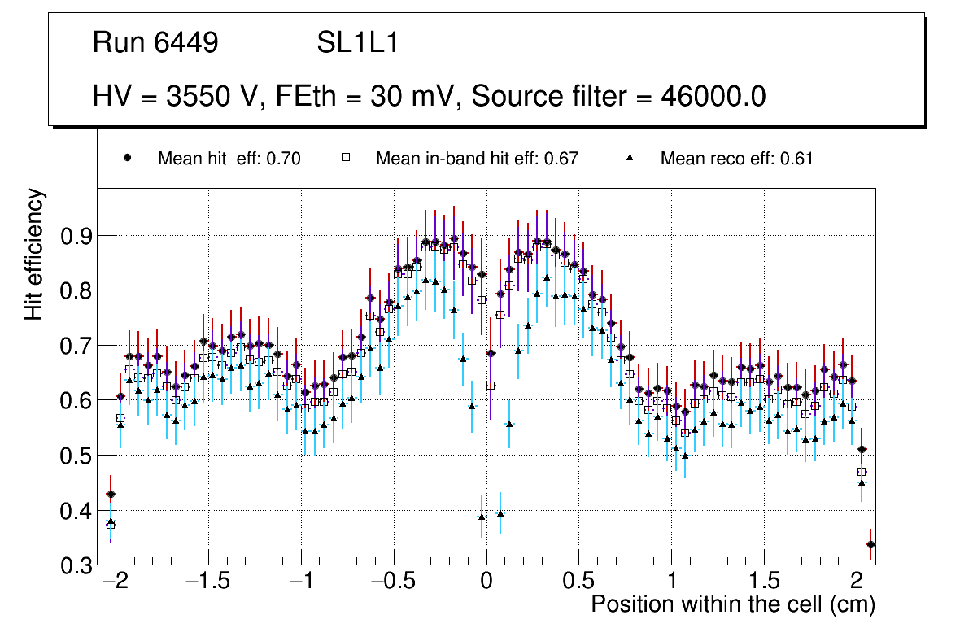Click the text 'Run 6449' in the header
click(x=155, y=43)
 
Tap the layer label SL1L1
click(x=357, y=43)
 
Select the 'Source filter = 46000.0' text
click(x=618, y=97)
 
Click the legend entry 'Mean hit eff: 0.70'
click(x=229, y=159)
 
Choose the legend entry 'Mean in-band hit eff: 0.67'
click(x=476, y=159)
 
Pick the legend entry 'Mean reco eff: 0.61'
click(x=736, y=159)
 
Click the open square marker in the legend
click(x=344, y=158)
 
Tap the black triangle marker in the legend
click(x=629, y=158)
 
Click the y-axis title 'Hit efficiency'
click(x=35, y=254)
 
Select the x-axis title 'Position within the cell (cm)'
click(x=733, y=604)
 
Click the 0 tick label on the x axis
click(x=486, y=582)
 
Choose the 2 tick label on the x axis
click(x=856, y=582)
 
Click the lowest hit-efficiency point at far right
click(x=870, y=544)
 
